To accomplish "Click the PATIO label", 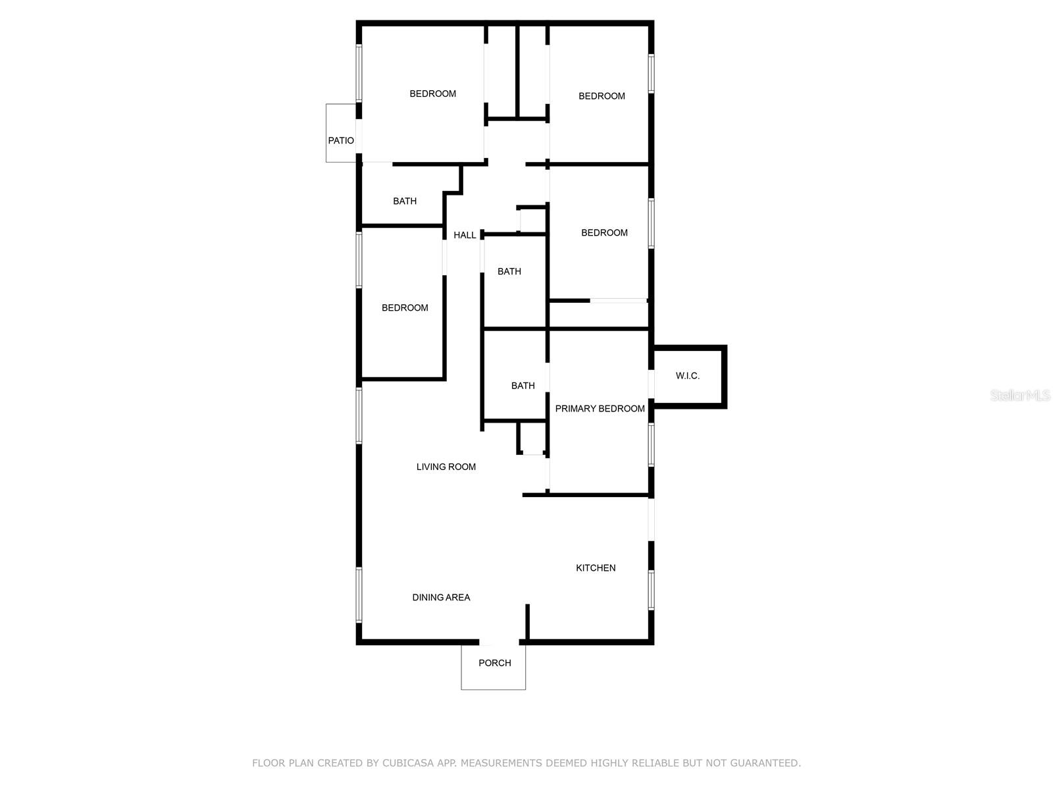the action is pos(341,140).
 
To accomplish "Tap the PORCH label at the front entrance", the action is pos(495,663).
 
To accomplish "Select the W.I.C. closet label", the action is pos(688,376).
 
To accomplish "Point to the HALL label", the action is pos(465,235).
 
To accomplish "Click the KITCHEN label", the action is pos(596,568).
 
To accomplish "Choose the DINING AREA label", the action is pos(441,597).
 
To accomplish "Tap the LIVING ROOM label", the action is pos(446,467).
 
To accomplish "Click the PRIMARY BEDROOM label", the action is pos(600,409).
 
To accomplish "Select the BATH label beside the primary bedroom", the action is pos(523,386).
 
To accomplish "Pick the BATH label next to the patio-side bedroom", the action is pos(404,201).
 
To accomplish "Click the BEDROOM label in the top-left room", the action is pos(432,93).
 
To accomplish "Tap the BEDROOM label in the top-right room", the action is pos(602,96).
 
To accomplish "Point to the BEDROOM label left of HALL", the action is pos(404,308).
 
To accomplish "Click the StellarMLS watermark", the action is pos(1020,395).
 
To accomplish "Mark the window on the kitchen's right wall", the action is pos(651,590).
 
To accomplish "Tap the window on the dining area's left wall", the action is pos(359,594).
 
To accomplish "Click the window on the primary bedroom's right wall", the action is pos(651,444).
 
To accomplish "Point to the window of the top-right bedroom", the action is pos(651,73).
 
